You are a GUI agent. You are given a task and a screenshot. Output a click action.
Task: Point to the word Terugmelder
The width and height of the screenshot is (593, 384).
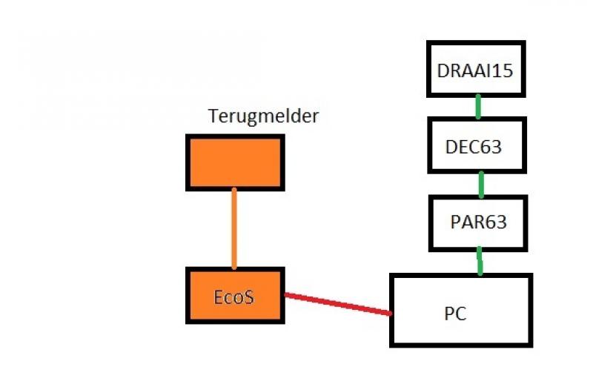point(263,116)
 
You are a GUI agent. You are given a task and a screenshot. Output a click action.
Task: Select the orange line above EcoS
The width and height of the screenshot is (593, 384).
point(234,228)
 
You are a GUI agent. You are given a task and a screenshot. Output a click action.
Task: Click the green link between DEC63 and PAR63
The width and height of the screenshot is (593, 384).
point(481,184)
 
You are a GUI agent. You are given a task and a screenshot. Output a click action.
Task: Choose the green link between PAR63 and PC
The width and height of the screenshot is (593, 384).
point(480,261)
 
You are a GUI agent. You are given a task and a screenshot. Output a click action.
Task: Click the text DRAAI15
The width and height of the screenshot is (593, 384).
point(475,72)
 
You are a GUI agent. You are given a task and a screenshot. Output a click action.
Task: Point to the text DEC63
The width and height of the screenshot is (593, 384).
point(474,147)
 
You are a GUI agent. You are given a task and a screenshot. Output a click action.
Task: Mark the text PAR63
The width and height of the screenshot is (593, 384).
point(478,222)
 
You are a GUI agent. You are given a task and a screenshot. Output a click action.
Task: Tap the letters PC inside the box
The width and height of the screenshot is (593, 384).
point(455,314)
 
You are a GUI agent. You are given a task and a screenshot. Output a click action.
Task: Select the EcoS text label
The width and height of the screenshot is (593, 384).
point(234,297)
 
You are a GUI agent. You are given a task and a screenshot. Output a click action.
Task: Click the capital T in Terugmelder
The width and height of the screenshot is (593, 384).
point(213,116)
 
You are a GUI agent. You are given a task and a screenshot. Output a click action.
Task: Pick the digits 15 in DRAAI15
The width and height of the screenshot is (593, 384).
point(504,72)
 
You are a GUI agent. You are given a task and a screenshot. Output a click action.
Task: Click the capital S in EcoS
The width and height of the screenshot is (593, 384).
point(249,297)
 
